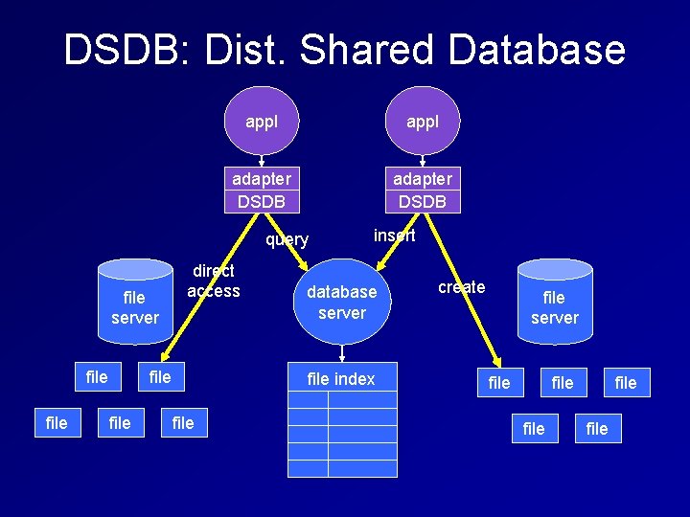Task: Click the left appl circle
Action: pyautogui.click(x=262, y=122)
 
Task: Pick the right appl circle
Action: pyautogui.click(x=423, y=122)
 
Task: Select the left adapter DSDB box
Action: pyautogui.click(x=262, y=190)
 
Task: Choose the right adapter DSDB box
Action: pyautogui.click(x=423, y=190)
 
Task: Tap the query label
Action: pyautogui.click(x=287, y=239)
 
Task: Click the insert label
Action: pyautogui.click(x=394, y=236)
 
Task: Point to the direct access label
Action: pyautogui.click(x=213, y=281)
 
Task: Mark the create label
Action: pyautogui.click(x=462, y=287)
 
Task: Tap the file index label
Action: pyautogui.click(x=341, y=379)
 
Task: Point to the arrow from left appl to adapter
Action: pyautogui.click(x=262, y=161)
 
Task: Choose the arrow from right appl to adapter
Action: pyautogui.click(x=423, y=161)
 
